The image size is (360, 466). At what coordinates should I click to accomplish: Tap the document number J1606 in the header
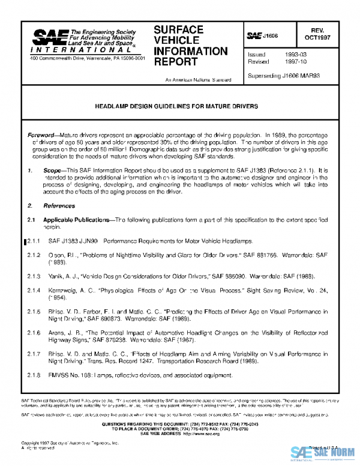click(271, 37)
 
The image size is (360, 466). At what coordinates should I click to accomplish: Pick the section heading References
click(55, 205)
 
